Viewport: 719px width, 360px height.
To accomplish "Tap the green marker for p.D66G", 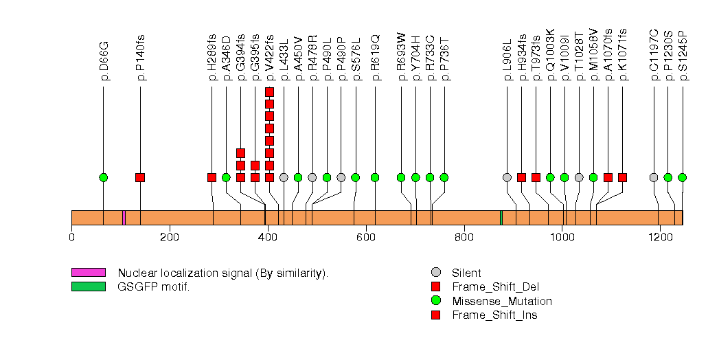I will click(x=104, y=177).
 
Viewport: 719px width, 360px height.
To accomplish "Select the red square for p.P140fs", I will click(x=140, y=177).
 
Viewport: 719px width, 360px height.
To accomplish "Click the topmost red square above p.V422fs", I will click(x=269, y=92).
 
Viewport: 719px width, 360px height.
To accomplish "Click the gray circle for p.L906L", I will click(x=507, y=177).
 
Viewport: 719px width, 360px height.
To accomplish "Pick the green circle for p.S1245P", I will click(x=682, y=177).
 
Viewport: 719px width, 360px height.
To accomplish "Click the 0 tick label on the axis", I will click(x=71, y=238).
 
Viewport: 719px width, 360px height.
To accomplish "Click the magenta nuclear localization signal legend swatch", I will click(x=88, y=273).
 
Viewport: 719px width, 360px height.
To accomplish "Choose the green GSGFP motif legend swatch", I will click(x=88, y=286).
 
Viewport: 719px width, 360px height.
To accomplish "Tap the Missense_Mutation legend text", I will click(x=501, y=301).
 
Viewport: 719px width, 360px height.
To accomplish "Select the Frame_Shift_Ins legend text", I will click(x=494, y=315).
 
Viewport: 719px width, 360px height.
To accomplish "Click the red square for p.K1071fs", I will click(x=622, y=177).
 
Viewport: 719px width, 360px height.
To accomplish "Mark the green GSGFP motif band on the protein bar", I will click(x=501, y=218).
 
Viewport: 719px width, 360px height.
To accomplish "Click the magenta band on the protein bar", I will click(x=123, y=218).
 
